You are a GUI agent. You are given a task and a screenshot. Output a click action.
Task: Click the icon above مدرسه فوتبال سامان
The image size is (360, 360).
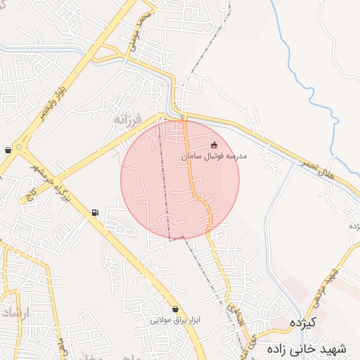click(x=214, y=146)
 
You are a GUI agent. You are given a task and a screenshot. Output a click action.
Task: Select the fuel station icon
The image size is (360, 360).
click(x=95, y=213)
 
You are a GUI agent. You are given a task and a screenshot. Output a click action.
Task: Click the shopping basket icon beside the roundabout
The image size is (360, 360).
click(x=8, y=150)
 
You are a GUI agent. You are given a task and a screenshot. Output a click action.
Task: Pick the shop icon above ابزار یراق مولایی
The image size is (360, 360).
click(x=175, y=309)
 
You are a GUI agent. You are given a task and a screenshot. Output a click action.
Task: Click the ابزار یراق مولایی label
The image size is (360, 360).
click(x=175, y=319)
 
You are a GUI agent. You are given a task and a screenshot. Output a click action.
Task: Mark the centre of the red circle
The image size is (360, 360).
click(x=180, y=179)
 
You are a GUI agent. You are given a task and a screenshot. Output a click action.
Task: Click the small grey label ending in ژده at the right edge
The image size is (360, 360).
click(x=354, y=226)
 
